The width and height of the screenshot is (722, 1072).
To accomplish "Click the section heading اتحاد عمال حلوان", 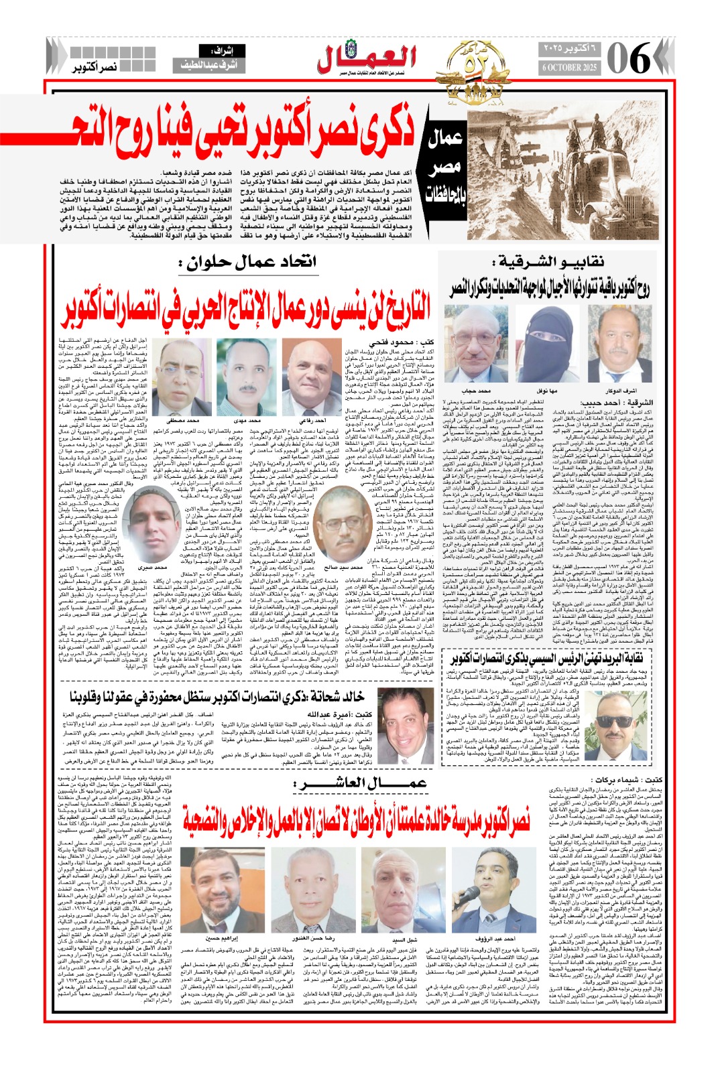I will point(248,262).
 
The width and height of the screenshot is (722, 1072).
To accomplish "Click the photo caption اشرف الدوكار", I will point(620,389).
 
